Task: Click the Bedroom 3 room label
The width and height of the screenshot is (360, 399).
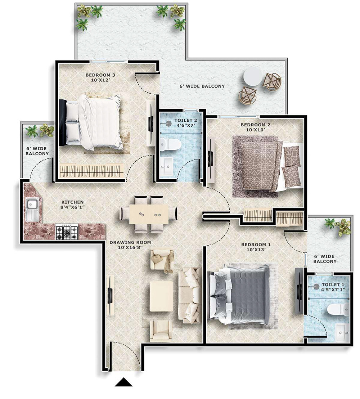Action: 95,78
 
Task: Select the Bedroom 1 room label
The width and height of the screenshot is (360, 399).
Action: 256,247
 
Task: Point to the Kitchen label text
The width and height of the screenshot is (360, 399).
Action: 72,205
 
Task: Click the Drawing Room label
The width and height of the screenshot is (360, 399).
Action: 130,245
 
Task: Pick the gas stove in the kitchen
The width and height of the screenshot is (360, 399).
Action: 67,232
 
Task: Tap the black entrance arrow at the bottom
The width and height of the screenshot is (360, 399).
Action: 123,382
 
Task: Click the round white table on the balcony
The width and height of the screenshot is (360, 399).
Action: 253,77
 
